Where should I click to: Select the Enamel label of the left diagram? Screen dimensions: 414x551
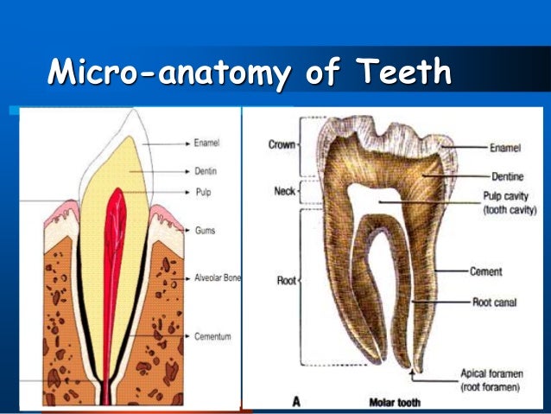206,142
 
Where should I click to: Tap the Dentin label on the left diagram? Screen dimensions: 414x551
206,171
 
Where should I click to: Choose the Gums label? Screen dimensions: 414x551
204,231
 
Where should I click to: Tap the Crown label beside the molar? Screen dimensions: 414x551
281,144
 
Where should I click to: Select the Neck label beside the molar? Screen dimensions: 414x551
284,190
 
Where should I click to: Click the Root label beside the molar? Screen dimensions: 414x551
286,281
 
